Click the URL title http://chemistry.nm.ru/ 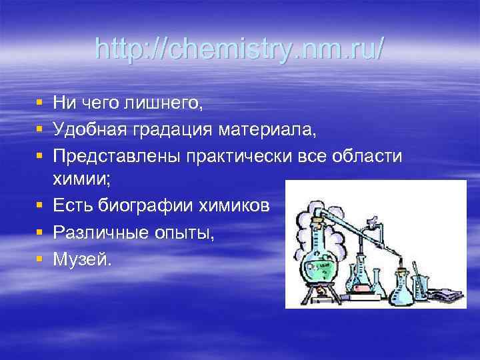tap(239, 49)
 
